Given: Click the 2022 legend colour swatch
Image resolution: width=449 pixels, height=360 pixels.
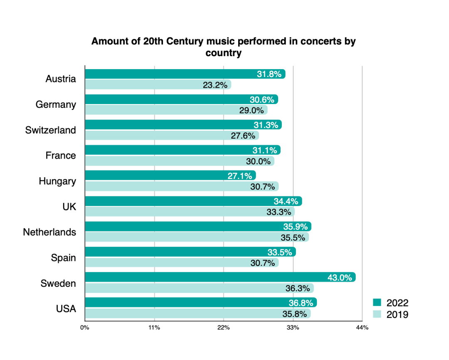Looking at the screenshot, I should click(x=377, y=303).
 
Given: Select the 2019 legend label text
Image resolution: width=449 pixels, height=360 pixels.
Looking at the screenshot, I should click(x=397, y=314).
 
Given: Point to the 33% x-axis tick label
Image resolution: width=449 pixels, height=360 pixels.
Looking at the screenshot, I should click(x=293, y=328).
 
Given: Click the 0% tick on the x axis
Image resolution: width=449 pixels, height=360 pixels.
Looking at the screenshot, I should click(x=85, y=328).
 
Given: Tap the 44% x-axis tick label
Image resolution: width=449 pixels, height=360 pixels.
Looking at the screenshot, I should click(x=362, y=328).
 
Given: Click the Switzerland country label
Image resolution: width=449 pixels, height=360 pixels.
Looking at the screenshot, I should click(x=51, y=130).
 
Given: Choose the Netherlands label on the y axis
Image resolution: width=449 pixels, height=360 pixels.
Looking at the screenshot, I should click(x=49, y=232).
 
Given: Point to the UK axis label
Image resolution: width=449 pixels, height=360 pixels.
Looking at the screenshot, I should click(x=69, y=206).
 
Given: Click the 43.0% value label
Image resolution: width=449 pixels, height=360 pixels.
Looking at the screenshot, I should click(x=340, y=278).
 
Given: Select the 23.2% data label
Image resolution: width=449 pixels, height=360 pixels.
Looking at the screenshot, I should click(x=215, y=85).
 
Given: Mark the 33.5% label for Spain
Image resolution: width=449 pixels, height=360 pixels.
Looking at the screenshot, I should click(x=280, y=252).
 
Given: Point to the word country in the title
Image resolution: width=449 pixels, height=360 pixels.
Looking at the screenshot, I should click(x=224, y=53).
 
